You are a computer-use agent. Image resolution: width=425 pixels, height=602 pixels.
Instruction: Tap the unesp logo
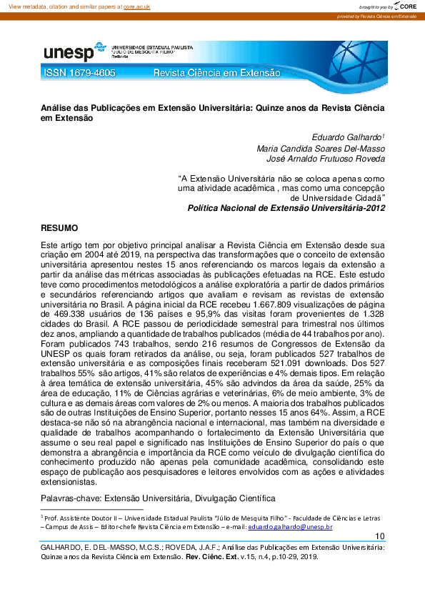(x=68, y=52)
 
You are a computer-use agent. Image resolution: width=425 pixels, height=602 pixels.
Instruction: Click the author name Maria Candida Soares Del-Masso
(x=321, y=149)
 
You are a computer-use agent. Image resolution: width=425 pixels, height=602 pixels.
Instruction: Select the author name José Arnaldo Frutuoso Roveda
(x=326, y=159)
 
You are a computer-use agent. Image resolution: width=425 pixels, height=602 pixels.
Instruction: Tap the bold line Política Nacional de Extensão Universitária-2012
(x=286, y=207)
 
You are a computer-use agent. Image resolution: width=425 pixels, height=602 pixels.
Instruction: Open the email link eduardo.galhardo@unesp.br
(x=290, y=526)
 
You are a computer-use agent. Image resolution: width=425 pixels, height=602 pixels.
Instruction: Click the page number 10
(x=380, y=537)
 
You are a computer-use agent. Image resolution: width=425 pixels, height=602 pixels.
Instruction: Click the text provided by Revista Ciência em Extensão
(x=377, y=16)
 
